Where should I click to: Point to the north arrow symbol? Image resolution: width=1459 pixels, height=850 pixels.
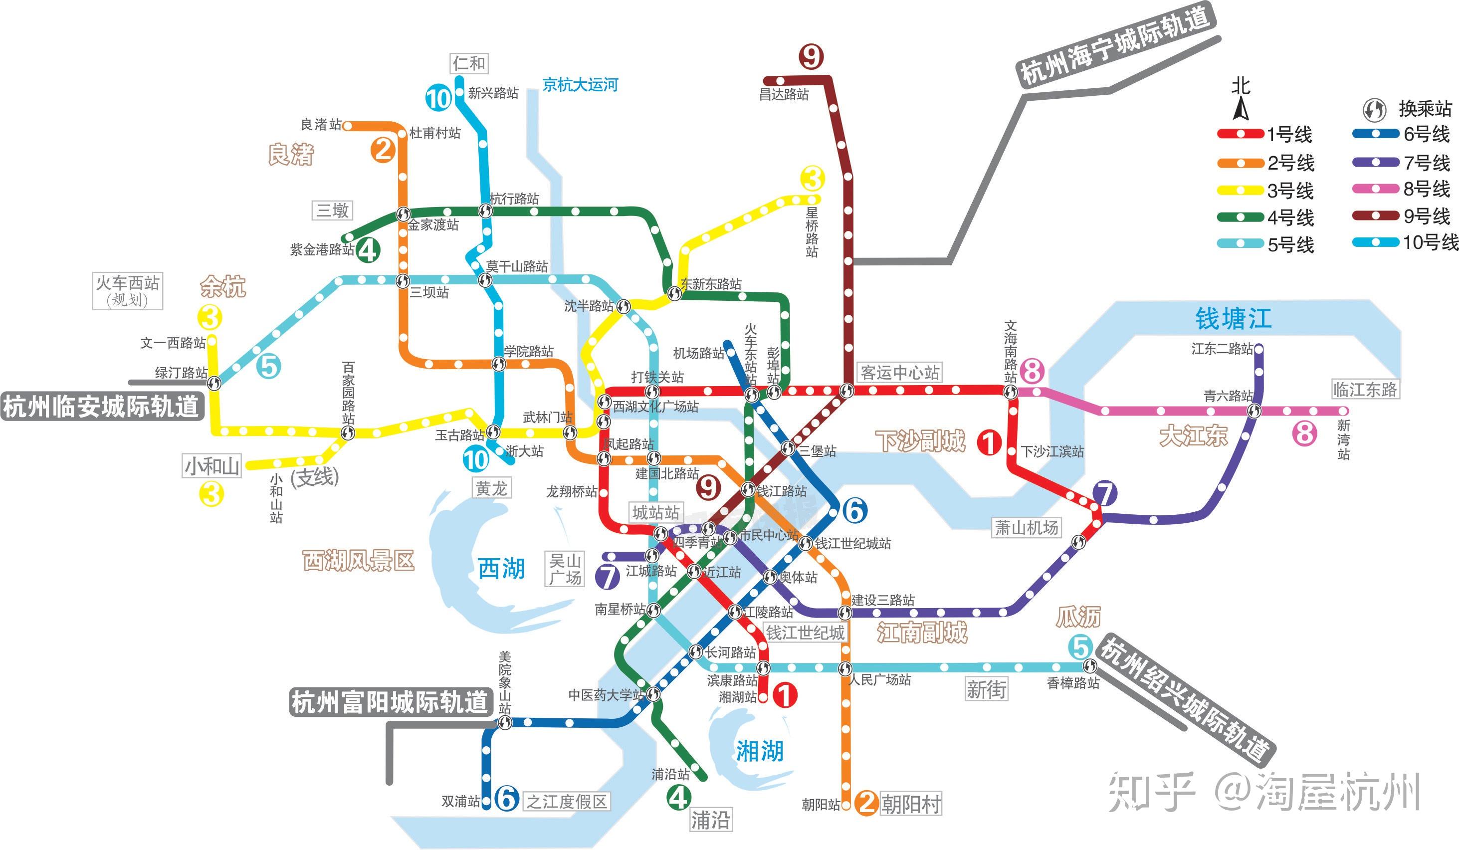[x=1240, y=109]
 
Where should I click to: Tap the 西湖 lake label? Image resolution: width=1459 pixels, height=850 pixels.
[x=501, y=569]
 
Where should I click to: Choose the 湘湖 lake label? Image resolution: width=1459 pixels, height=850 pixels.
[x=760, y=751]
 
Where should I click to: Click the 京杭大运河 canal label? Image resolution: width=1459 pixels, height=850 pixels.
[x=580, y=85]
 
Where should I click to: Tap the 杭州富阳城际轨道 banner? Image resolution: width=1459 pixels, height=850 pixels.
[x=390, y=702]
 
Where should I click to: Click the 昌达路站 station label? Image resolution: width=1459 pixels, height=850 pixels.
[x=784, y=94]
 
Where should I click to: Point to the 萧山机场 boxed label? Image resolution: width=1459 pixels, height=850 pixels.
[x=1027, y=527]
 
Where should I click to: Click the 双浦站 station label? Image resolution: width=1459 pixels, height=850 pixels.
[x=461, y=801]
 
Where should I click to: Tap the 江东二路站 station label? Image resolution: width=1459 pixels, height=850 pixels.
[x=1222, y=349]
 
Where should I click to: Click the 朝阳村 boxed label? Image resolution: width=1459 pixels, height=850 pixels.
[x=911, y=804]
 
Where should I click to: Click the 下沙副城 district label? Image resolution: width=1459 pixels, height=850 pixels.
[x=921, y=441]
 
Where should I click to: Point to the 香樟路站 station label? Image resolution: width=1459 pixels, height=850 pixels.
[x=1073, y=683]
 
